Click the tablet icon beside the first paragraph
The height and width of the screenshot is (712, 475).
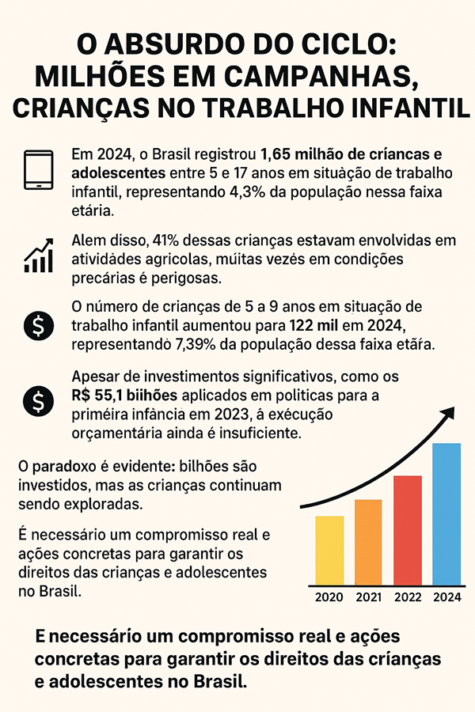coord(38,170)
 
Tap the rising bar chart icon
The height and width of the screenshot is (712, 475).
coord(38,255)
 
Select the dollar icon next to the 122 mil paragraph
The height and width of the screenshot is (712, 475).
coord(38,324)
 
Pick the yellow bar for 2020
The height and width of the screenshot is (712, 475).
coord(329,549)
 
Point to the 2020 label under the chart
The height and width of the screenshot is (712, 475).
coord(329,597)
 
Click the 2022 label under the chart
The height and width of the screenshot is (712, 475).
coord(407,597)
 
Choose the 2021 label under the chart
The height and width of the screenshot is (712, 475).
coord(368,597)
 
